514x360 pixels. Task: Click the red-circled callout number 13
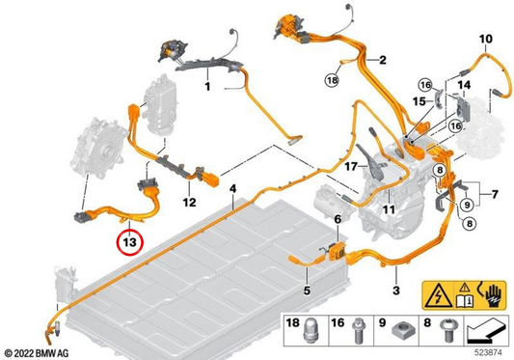click(130, 242)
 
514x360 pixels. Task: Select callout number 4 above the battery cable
click(232, 189)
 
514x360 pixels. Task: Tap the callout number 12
click(189, 202)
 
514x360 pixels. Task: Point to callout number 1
click(207, 87)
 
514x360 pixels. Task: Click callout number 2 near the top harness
click(383, 60)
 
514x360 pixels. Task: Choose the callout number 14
click(464, 85)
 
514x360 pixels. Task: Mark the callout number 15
click(419, 101)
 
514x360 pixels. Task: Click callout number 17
click(351, 167)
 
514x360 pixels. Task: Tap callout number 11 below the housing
click(389, 209)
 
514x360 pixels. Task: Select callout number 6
click(338, 219)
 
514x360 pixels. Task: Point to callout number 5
click(307, 291)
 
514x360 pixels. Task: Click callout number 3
click(396, 291)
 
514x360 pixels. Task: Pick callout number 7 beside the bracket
click(495, 194)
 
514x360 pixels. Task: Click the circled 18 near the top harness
click(332, 80)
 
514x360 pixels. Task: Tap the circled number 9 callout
click(467, 206)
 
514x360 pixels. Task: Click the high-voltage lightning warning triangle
click(438, 296)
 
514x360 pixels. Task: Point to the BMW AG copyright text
click(37, 353)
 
